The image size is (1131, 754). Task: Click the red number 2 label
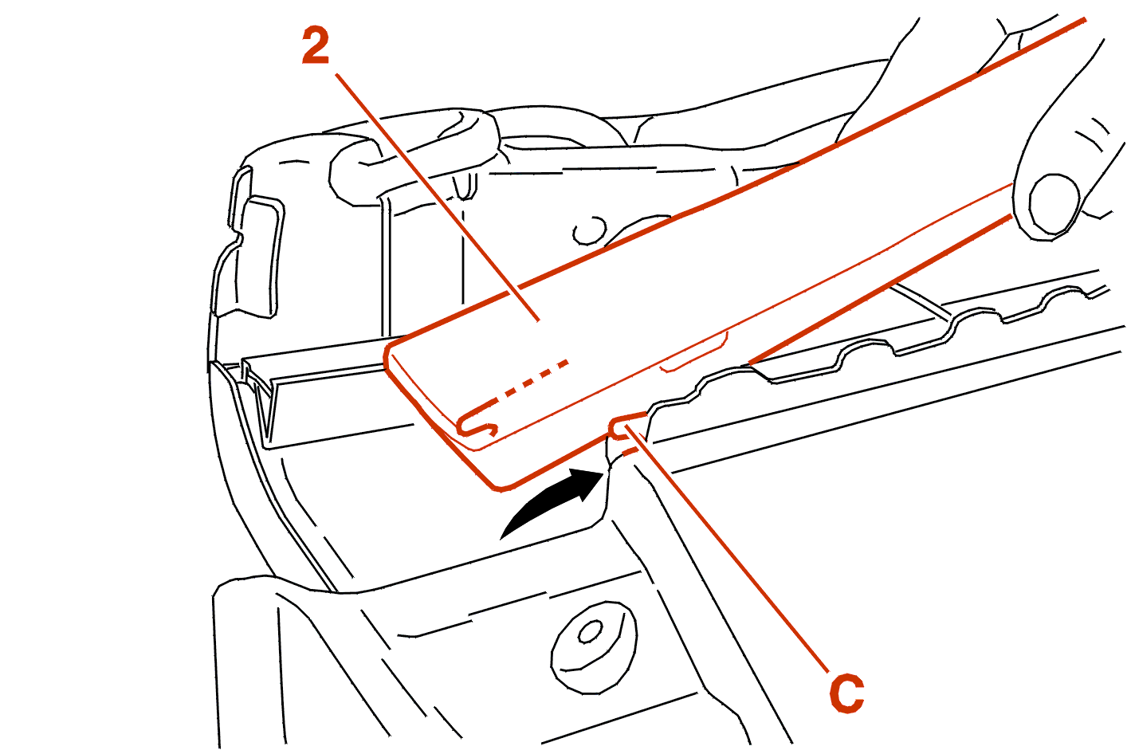tap(316, 46)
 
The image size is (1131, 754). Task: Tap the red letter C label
tap(846, 693)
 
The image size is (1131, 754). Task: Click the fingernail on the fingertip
tap(1052, 205)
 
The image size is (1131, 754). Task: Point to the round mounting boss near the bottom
tap(593, 647)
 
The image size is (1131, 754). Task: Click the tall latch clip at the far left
tap(247, 242)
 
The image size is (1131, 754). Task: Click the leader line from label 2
tap(438, 197)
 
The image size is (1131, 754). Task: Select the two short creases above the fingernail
tap(1093, 134)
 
